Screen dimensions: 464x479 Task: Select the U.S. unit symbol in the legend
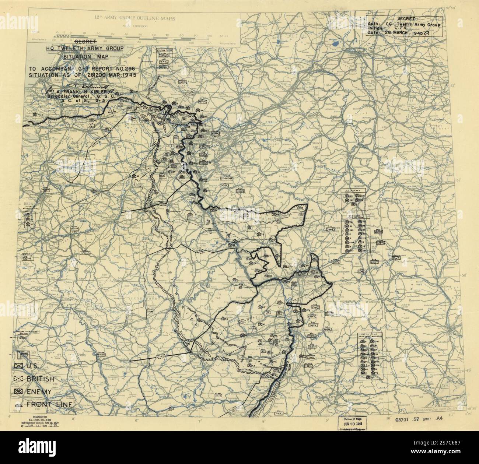click(17, 366)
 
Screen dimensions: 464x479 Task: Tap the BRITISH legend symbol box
click(17, 379)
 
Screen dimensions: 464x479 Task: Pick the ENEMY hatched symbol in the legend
click(17, 391)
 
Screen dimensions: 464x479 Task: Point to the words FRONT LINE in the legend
click(49, 405)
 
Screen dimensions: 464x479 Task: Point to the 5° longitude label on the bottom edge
click(74, 419)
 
